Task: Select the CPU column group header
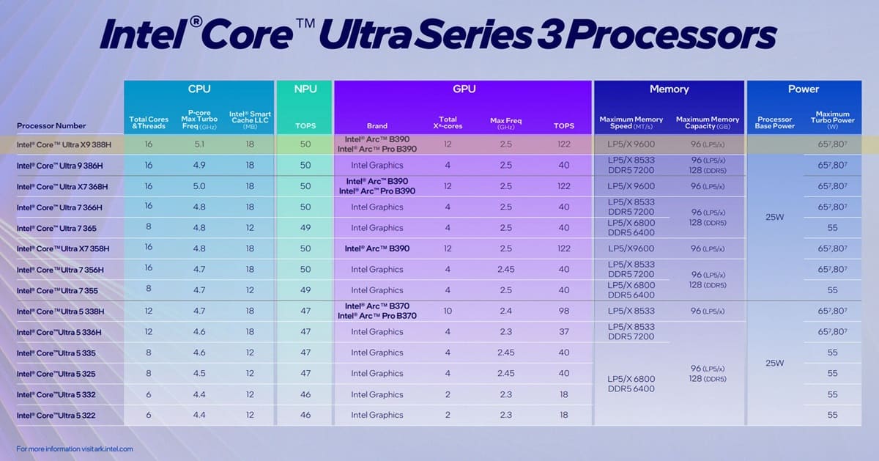tap(199, 89)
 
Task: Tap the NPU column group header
tap(305, 89)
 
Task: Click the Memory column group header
tap(669, 89)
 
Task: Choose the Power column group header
tap(803, 89)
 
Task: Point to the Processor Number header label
tap(51, 125)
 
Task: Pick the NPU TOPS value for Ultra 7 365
tap(305, 228)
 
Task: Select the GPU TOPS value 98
tap(563, 311)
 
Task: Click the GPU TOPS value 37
tap(563, 332)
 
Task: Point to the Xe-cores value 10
tap(447, 311)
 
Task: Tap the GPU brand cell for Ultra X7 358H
tap(377, 248)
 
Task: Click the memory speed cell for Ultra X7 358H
tap(631, 248)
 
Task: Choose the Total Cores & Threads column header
tap(149, 122)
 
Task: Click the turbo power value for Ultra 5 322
tap(832, 416)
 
